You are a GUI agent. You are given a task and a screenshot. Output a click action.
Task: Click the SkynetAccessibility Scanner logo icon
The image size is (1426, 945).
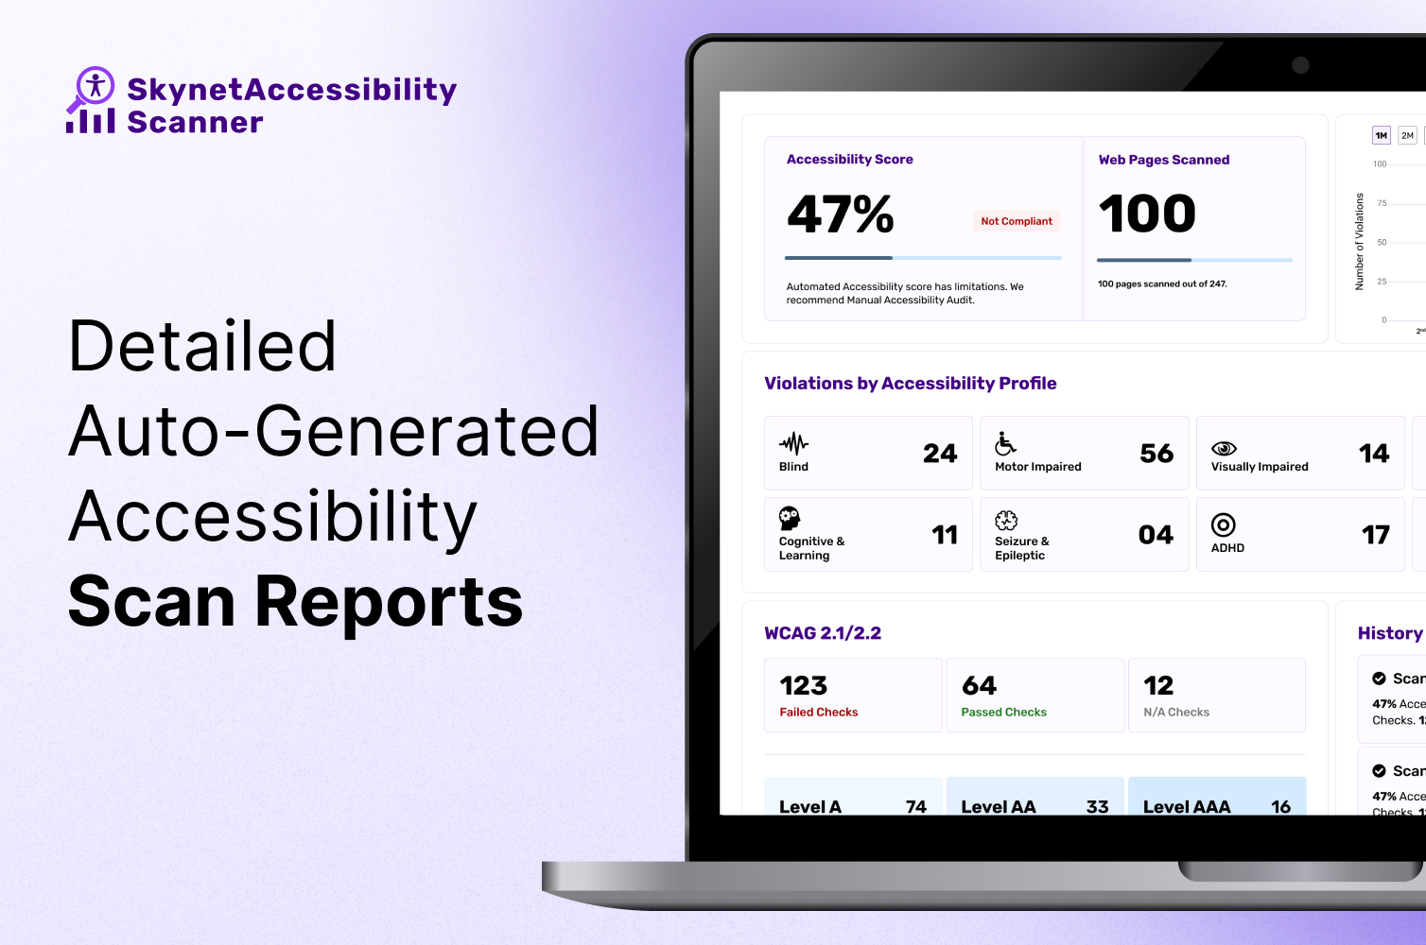coord(91,99)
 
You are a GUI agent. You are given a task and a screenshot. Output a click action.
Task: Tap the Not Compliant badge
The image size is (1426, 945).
coord(1017,221)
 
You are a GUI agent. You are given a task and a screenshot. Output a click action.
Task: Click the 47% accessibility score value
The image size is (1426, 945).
coord(840,215)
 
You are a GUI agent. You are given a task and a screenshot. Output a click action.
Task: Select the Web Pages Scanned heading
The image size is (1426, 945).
coord(1163,160)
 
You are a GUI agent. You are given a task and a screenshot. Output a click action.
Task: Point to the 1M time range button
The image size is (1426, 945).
coord(1382,136)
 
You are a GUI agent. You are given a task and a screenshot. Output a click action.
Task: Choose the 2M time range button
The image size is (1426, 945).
coord(1407,136)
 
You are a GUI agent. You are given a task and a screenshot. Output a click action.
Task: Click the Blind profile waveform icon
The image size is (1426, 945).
coord(793,443)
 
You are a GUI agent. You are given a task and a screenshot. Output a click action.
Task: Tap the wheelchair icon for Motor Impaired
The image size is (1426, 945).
coord(1005,443)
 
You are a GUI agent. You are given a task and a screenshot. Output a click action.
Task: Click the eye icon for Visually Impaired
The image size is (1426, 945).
coord(1224,448)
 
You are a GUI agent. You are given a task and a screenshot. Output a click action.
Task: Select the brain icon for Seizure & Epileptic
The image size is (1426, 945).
coord(1006,521)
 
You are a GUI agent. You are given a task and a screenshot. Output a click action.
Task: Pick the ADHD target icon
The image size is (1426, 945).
coord(1224,525)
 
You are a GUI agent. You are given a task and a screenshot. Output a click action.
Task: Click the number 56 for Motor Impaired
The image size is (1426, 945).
coord(1156,454)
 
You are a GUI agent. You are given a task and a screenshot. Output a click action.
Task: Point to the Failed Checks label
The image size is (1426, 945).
coord(819,713)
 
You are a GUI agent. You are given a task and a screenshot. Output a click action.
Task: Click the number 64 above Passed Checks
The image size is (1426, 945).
coord(980,685)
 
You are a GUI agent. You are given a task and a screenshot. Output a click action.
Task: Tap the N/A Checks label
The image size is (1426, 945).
coord(1176,713)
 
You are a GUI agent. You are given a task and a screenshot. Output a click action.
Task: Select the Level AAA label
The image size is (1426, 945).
coord(1187,806)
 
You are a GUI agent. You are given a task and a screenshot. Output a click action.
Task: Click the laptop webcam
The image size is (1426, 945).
coord(1300,65)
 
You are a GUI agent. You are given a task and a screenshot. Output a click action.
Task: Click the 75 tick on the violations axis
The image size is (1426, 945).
coord(1383,203)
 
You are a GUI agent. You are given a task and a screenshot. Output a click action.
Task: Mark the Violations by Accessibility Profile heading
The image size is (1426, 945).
coord(910,384)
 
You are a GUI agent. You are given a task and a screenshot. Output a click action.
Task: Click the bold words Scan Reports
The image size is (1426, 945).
coord(295,602)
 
